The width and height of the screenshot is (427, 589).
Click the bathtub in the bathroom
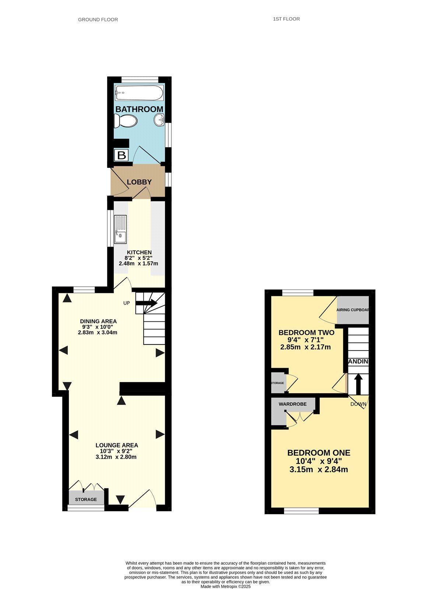(x=139, y=92)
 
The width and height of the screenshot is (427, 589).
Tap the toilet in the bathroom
(x=126, y=121)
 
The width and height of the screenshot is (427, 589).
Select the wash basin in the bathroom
(x=159, y=120)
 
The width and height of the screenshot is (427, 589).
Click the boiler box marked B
(x=121, y=155)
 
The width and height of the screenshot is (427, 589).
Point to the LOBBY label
(x=139, y=182)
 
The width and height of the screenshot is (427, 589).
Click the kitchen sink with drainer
(x=120, y=229)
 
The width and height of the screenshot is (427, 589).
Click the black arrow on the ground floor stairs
(x=147, y=303)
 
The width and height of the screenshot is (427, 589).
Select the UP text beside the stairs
(x=126, y=303)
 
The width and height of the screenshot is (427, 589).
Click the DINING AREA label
(x=98, y=321)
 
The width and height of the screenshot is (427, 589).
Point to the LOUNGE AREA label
(x=117, y=445)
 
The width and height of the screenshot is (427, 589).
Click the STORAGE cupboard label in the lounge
(x=86, y=499)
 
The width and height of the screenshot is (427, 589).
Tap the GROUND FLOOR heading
(x=98, y=20)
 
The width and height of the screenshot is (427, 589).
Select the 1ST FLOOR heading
(x=286, y=19)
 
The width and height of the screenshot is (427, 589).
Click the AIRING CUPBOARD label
(x=353, y=310)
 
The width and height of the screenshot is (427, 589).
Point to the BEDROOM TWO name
(x=306, y=332)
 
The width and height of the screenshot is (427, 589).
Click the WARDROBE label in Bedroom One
(x=293, y=404)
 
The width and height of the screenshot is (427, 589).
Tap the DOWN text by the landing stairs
(x=358, y=404)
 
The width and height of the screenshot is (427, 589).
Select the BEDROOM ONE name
(x=319, y=453)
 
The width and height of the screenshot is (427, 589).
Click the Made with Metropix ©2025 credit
(x=225, y=586)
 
